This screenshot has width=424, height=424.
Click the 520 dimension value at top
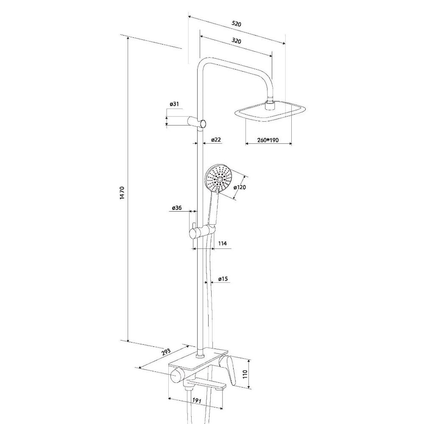coord(236,23)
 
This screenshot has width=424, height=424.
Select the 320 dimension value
coord(236,41)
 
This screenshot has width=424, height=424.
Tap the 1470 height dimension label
coord(122,193)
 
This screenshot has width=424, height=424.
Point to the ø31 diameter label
coord(174,104)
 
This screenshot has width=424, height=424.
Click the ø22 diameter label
coord(216,139)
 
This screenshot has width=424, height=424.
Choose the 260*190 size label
coord(268,140)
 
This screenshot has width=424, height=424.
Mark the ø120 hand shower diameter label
coord(240,187)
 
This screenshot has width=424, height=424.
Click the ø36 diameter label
coord(177,208)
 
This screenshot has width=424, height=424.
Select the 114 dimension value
coord(222,243)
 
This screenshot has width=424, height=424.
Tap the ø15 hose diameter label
coord(223,279)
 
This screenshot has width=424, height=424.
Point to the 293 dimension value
coord(166,352)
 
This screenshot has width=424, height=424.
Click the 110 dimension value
coord(245,374)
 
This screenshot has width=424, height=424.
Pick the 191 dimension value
coord(197,401)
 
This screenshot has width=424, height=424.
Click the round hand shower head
coord(219,179)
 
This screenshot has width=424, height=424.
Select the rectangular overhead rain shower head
coord(270,111)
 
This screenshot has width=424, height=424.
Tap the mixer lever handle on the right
coord(228,369)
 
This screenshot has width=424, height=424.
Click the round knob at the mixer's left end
coord(176,375)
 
